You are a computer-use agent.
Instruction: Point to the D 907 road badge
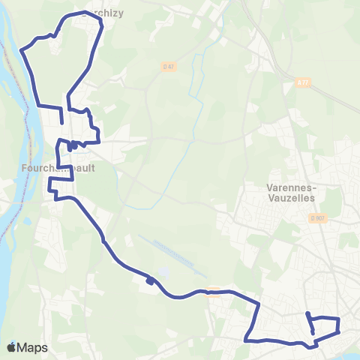tap(318, 218)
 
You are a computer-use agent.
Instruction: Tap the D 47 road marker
tap(169, 67)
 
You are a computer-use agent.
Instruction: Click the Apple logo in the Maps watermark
tap(11, 347)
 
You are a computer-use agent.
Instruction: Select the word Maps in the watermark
tap(33, 347)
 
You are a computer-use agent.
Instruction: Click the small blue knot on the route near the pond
tap(151, 282)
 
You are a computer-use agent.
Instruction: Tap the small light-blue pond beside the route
tap(164, 274)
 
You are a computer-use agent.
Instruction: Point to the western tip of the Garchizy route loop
tap(21, 52)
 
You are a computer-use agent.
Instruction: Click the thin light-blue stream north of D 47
tap(199, 75)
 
